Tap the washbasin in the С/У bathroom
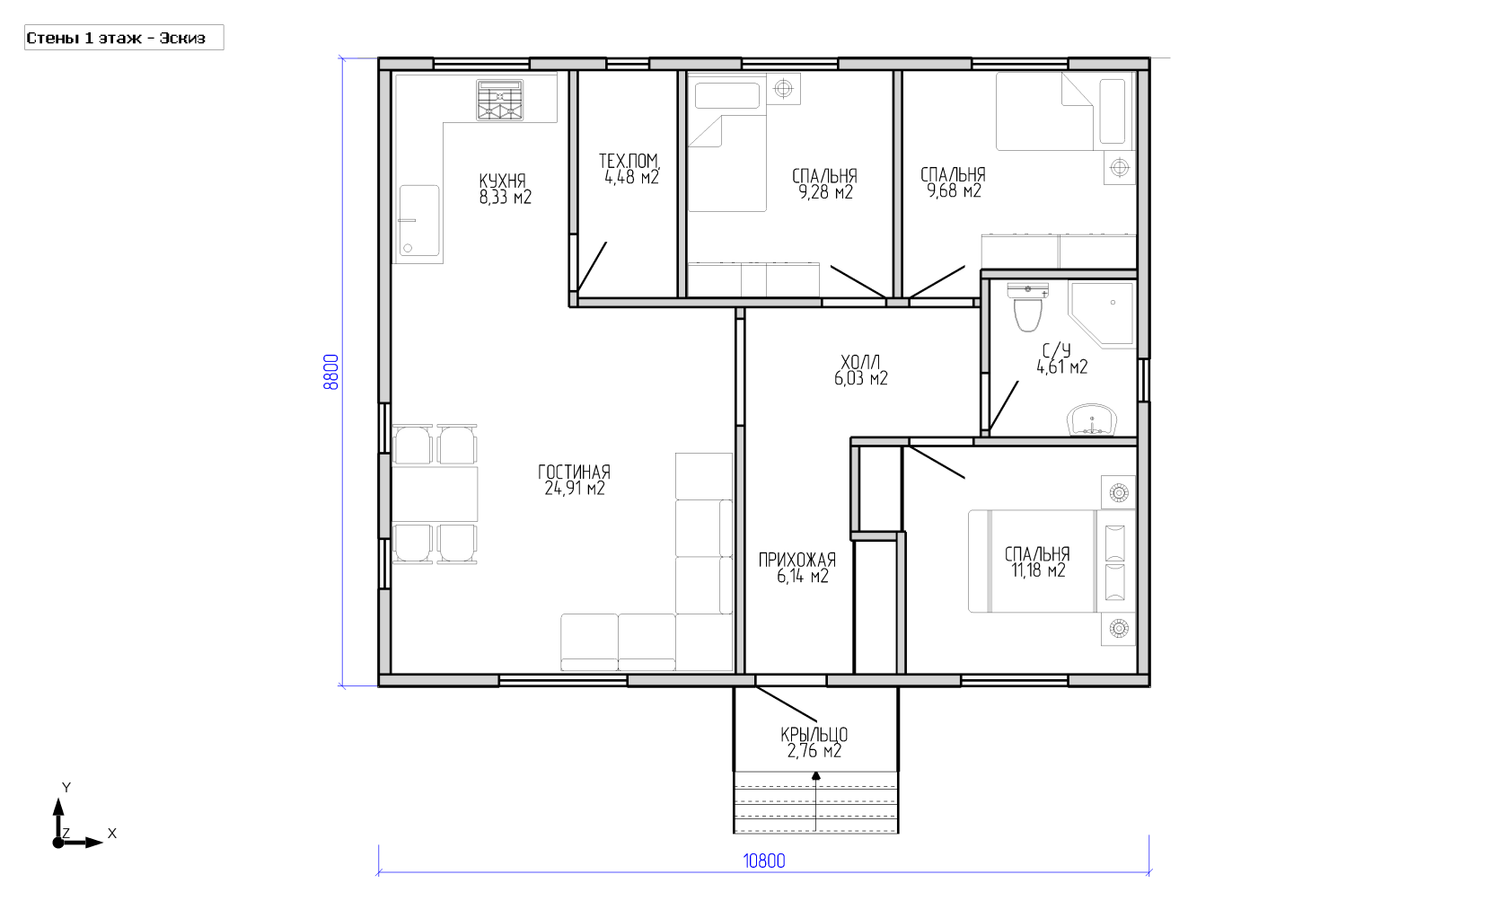(x=1092, y=420)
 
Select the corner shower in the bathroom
(x=1102, y=314)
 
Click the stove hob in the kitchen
(x=499, y=101)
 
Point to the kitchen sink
(x=419, y=221)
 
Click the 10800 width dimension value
(x=764, y=861)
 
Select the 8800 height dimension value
(x=330, y=372)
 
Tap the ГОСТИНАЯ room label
(x=575, y=472)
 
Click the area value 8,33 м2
(x=505, y=197)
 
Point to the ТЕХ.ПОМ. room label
(x=629, y=160)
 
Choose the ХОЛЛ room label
(x=860, y=362)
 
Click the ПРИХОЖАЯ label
(x=796, y=560)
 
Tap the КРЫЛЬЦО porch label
(x=814, y=735)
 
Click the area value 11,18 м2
(x=1038, y=570)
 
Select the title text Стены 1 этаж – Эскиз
(x=116, y=38)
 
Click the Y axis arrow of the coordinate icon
(x=58, y=820)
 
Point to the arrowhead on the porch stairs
(x=815, y=775)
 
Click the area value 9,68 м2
(x=954, y=191)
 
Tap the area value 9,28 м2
(x=825, y=192)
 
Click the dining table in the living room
(x=435, y=494)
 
